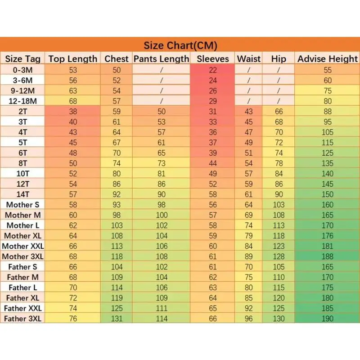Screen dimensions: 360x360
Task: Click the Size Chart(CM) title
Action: [x=180, y=45]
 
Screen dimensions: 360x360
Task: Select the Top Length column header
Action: [x=73, y=58]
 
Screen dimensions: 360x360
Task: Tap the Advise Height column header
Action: [x=328, y=58]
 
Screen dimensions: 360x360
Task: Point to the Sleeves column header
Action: [x=213, y=58]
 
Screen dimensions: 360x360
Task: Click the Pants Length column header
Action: [x=162, y=58]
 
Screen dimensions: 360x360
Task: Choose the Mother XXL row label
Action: [x=23, y=246]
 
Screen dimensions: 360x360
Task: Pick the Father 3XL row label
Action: [x=23, y=319]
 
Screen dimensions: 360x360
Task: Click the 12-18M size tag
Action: [x=23, y=101]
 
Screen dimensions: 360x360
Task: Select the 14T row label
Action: [x=23, y=194]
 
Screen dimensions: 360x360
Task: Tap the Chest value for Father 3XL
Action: [x=117, y=319]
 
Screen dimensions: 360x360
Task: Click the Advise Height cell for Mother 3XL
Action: [x=328, y=256]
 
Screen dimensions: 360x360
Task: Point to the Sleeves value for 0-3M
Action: [x=213, y=70]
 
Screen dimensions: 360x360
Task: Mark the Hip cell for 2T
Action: [x=279, y=111]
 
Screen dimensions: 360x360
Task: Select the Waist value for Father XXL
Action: [x=249, y=308]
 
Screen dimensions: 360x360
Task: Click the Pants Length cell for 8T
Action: [x=162, y=163]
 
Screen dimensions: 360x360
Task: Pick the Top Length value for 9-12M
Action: [x=73, y=90]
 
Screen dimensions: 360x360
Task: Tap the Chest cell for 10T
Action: [x=117, y=173]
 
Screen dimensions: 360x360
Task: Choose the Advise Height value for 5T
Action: [x=328, y=142]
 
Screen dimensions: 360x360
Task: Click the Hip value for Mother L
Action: [x=279, y=225]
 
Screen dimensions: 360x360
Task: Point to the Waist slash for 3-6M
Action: [x=249, y=80]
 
